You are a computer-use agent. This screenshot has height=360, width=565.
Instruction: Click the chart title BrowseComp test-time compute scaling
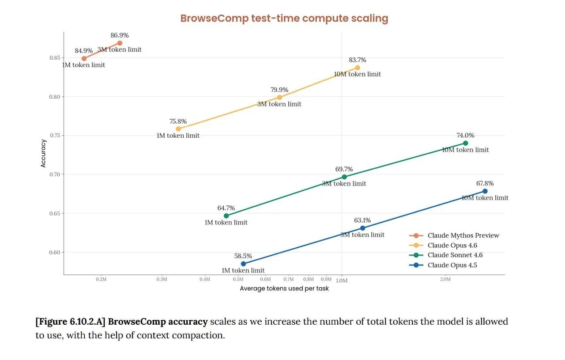[284, 19]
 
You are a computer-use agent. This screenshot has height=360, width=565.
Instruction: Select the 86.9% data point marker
[120, 43]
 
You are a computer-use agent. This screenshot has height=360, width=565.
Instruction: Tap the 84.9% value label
[83, 51]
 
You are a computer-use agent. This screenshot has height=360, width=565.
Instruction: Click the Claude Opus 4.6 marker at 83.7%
[358, 68]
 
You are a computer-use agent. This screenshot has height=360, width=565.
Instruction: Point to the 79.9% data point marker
[279, 98]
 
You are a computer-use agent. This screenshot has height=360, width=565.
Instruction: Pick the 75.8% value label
[178, 121]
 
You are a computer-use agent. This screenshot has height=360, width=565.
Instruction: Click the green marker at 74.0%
[465, 143]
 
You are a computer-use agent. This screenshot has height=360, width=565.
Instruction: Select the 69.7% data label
[344, 169]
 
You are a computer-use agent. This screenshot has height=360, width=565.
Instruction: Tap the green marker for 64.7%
[226, 216]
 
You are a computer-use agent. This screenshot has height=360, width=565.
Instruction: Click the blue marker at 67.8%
[485, 191]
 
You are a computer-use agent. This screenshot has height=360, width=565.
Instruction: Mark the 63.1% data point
[362, 228]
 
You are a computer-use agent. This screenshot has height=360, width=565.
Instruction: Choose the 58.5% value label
[243, 256]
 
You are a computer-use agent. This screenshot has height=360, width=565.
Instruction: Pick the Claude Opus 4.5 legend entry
[452, 265]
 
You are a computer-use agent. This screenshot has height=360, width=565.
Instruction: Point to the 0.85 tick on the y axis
[55, 58]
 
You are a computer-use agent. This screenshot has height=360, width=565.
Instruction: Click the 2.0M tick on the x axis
[445, 279]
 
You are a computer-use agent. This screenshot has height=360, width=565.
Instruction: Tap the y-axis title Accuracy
[43, 153]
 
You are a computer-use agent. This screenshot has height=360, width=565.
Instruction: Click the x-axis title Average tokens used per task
[284, 288]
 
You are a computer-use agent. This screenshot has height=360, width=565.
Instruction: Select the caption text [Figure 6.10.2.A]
[71, 322]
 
